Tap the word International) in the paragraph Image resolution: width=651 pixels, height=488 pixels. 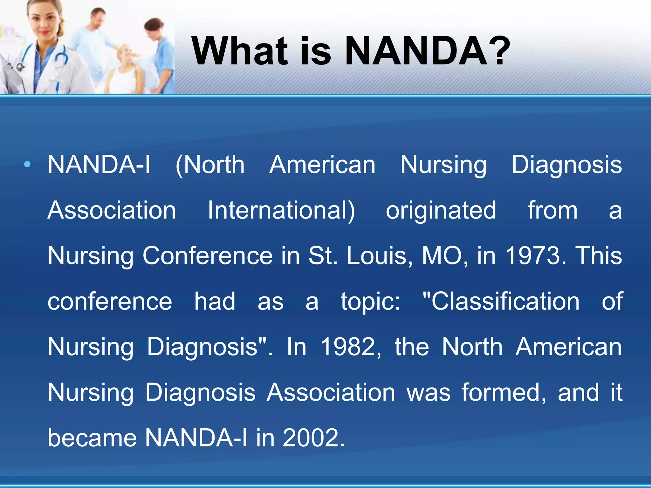(281, 210)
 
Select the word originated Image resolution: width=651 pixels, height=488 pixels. (441, 210)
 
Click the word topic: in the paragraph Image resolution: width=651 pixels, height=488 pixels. (370, 301)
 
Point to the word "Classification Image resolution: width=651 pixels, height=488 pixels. (501, 301)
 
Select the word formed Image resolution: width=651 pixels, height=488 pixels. (503, 392)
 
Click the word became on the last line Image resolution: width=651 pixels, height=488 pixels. (92, 438)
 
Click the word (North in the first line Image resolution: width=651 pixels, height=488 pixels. (210, 164)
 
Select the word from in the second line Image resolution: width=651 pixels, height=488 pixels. (552, 210)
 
